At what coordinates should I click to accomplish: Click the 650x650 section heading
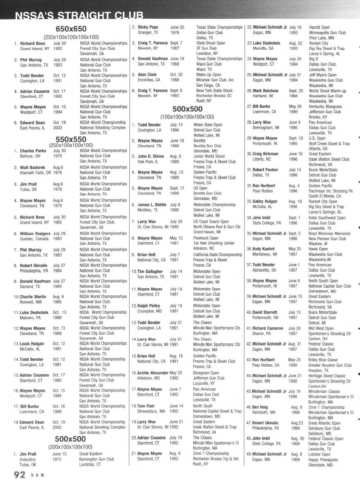[x=71, y=29]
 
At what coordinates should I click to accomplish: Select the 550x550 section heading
[x=71, y=139]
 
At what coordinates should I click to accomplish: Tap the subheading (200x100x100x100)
[x=70, y=447]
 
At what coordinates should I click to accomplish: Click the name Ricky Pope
[x=148, y=27]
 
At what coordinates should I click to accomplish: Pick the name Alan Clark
[x=147, y=75]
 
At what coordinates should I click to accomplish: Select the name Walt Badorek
[x=32, y=167]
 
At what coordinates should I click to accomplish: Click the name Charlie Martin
[x=33, y=297]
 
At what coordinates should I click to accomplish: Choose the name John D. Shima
[x=151, y=156]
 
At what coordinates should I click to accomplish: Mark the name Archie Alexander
[x=153, y=373]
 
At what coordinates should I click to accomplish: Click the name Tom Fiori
[x=146, y=406]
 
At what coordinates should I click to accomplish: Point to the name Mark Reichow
[x=265, y=91]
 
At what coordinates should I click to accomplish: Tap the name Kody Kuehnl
[x=263, y=249]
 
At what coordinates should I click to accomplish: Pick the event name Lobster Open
[x=320, y=454]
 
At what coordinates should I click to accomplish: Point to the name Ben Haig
[x=260, y=407]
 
